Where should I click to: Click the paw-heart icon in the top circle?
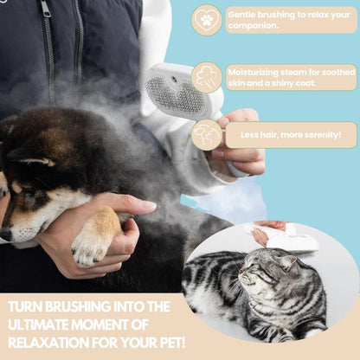pos(207,19)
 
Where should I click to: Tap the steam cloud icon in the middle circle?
pos(207,77)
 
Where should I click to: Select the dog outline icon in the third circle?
pos(207,134)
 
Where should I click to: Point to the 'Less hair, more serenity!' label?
pos(291,134)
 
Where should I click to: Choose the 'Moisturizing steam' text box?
pos(291,77)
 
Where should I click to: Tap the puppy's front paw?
pos(93,243)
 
